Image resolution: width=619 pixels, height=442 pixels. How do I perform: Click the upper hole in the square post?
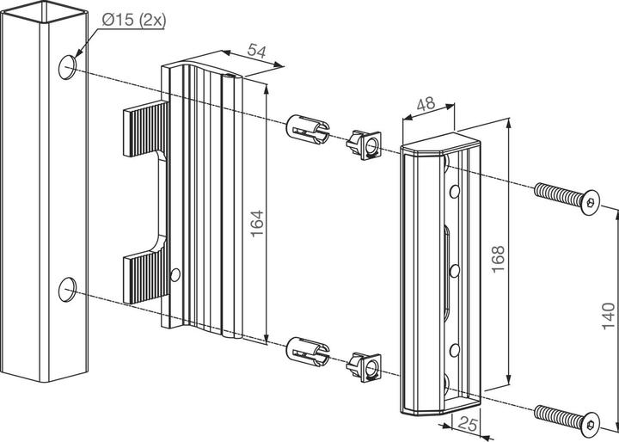coord(67,66)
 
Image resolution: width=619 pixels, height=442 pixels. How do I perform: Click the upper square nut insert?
coord(365,145)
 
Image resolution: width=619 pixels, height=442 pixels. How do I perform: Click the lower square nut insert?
coord(365,367)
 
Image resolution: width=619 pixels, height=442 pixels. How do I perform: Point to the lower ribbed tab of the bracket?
coord(144,275)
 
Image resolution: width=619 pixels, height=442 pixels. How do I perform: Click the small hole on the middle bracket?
coord(176,275)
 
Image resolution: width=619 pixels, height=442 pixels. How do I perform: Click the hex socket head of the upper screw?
coord(591,204)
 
